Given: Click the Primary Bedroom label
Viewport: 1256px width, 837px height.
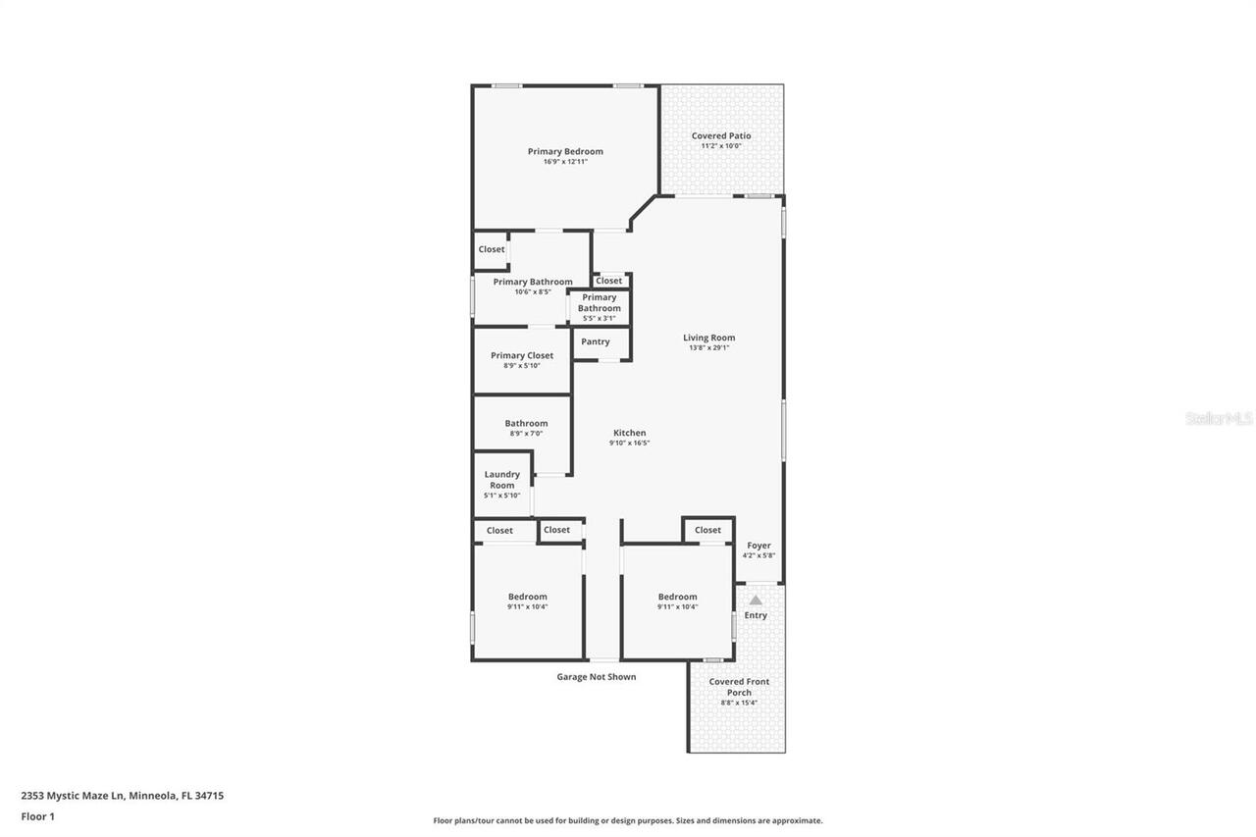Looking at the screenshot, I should (565, 151).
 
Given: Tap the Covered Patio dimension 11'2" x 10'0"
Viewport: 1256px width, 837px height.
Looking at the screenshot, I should (721, 146).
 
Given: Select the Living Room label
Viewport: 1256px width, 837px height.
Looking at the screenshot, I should (708, 338).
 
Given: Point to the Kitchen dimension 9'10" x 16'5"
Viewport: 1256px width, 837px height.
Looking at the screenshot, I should (629, 444).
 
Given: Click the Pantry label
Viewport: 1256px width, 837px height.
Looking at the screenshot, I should (595, 341).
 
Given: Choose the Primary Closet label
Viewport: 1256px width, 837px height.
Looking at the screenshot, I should (522, 355).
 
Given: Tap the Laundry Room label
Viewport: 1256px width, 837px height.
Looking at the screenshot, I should (501, 480).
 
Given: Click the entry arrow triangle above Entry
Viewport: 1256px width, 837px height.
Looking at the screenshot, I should (756, 600).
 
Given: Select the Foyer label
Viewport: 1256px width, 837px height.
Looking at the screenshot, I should (759, 546).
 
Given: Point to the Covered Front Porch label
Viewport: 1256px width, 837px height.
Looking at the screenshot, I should (739, 687).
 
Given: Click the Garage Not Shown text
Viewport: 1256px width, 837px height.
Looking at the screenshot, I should (596, 677).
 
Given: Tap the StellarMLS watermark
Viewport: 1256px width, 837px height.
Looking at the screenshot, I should (1219, 419).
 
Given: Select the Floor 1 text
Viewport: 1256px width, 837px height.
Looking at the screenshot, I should (37, 816).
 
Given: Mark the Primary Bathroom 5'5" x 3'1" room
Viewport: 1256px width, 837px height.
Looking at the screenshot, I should (599, 307).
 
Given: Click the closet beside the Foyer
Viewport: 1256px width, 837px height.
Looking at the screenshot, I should (707, 530).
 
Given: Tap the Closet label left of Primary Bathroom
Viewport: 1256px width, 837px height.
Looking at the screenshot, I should (492, 249).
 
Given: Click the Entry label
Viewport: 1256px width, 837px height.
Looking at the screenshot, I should (756, 615).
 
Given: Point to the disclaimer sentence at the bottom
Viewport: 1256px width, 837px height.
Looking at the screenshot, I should (628, 820).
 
